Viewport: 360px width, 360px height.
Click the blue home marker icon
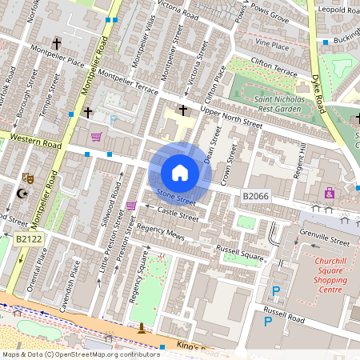[x=180, y=172]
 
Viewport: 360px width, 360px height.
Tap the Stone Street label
[x=175, y=194]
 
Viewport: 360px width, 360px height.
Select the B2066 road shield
[x=254, y=196]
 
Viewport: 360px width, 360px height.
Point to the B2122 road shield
[x=26, y=238]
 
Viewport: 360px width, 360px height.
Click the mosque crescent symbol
[x=22, y=194]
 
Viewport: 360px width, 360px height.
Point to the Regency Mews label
[x=160, y=233]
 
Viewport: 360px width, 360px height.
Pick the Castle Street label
[x=178, y=214]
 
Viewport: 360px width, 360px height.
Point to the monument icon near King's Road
[x=142, y=328]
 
